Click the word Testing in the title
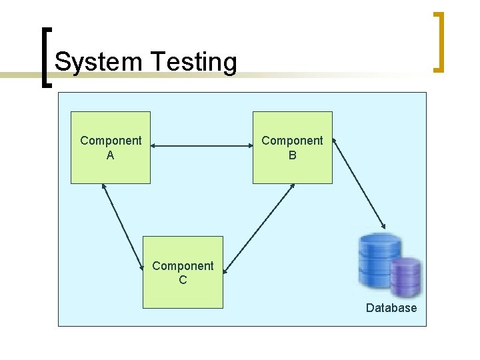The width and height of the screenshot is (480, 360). (194, 62)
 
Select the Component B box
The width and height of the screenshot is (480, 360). (292, 167)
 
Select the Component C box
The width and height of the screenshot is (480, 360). (183, 293)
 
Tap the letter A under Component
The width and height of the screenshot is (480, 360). (111, 155)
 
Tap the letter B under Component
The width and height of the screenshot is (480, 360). (292, 155)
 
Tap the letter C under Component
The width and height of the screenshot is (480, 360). (183, 281)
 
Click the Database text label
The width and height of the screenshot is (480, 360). (391, 308)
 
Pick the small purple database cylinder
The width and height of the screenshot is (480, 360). (406, 277)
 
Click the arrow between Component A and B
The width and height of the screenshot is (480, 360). (201, 145)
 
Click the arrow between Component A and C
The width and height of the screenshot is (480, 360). (123, 227)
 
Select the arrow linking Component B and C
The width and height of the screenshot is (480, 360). (259, 228)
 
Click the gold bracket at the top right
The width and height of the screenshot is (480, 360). (439, 41)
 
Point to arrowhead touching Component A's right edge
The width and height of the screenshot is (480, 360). (155, 145)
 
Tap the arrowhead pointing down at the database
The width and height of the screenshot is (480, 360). (383, 225)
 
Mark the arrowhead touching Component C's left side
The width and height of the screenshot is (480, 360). (143, 268)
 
